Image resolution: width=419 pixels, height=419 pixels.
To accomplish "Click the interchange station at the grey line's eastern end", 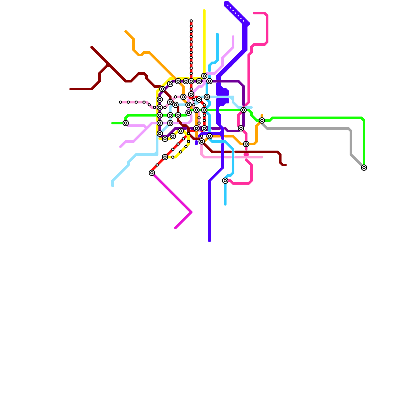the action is pos(364,168).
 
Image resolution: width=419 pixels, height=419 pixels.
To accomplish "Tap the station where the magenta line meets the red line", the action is pos(152,173).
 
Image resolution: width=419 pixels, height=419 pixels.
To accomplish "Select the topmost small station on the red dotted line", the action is pos(191,21).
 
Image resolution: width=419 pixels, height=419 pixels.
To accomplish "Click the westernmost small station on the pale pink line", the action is pos(120,102).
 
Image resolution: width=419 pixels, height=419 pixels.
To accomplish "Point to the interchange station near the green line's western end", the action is pos(126,123).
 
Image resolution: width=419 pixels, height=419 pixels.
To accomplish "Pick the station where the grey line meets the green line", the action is pos(262,120).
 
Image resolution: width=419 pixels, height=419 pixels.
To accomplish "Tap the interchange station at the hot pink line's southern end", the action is pos(225,181).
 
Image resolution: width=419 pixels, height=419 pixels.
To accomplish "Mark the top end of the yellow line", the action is pos(204,10).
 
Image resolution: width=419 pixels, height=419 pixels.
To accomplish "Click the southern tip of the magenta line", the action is pos(175,228).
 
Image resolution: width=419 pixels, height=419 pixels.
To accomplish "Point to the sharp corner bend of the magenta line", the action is pos(191,212).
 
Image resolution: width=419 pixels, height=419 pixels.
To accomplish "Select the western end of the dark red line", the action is pos(71,89).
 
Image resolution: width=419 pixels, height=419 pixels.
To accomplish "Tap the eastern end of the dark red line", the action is pos(285,165).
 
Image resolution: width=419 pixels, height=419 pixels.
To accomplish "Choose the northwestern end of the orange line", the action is pos(126,31).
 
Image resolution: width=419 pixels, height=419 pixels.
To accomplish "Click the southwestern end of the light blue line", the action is pos(113,186).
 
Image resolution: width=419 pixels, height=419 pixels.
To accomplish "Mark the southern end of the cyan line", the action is pos(225,204).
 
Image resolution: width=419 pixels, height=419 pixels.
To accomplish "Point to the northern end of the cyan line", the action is pos(217,34).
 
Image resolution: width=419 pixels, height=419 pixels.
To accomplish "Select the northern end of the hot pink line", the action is pos(254,13).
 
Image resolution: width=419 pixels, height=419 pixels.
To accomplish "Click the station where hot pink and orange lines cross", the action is pos(246,144).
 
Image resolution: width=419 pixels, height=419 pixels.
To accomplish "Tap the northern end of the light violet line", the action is pos(233,37).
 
